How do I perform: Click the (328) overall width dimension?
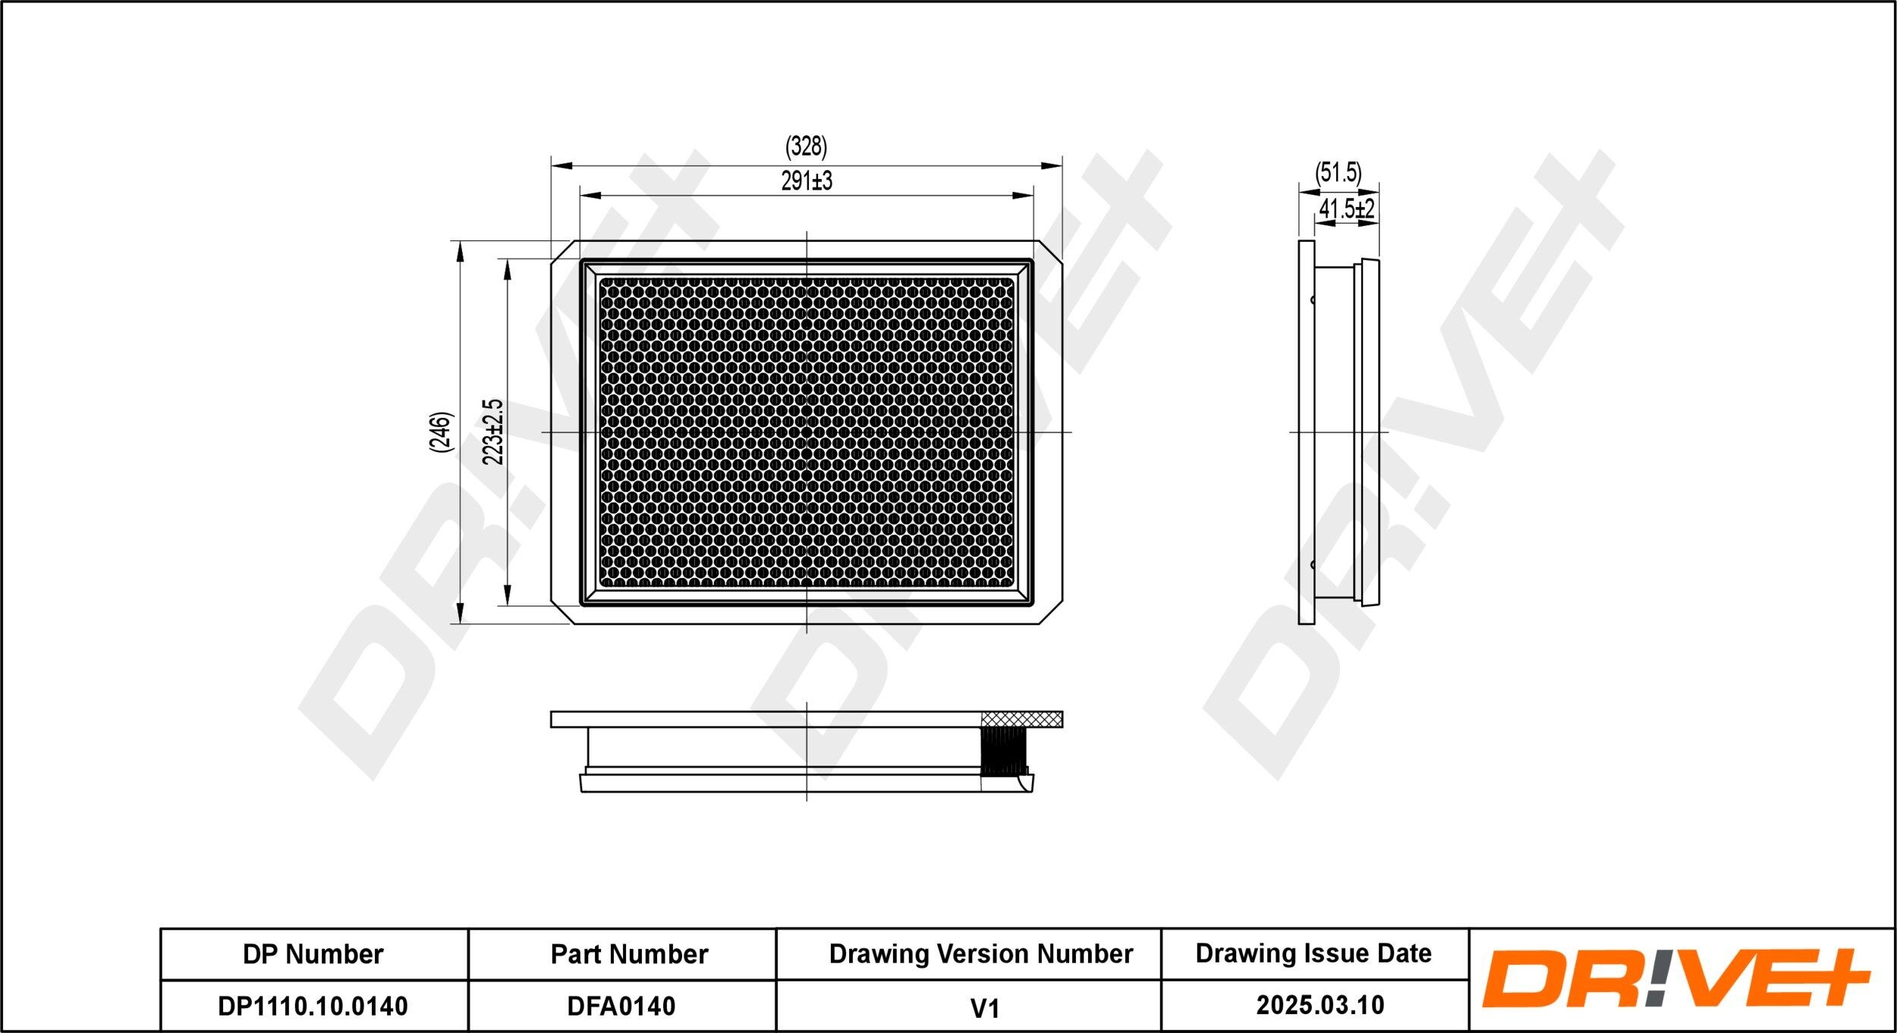(x=806, y=146)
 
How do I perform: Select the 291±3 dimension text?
(x=806, y=181)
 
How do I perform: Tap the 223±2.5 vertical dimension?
(x=493, y=432)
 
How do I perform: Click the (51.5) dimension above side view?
(x=1339, y=173)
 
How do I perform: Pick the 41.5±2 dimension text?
(x=1346, y=209)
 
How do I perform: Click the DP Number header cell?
(x=313, y=954)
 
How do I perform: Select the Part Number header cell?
(x=629, y=954)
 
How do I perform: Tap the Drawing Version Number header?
(x=980, y=954)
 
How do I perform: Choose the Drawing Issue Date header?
(x=1313, y=953)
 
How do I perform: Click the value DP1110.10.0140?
(x=313, y=1006)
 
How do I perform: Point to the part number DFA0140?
(x=621, y=1006)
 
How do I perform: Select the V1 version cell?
(x=984, y=1008)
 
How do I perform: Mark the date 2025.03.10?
(x=1320, y=1005)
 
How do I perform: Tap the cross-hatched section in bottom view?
(x=1021, y=719)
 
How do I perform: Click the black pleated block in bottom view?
(x=1004, y=752)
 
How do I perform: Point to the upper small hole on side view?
(x=1313, y=300)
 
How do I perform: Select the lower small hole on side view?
(x=1313, y=564)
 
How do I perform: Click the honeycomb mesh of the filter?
(x=806, y=432)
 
